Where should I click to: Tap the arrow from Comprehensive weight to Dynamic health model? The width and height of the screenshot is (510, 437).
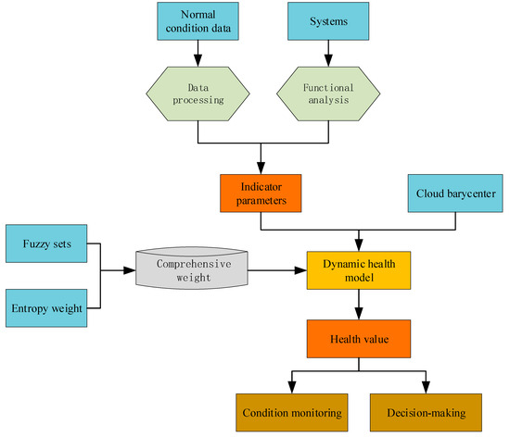pyautogui.click(x=277, y=270)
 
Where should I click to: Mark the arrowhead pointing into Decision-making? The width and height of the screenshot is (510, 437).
pyautogui.click(x=427, y=387)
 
